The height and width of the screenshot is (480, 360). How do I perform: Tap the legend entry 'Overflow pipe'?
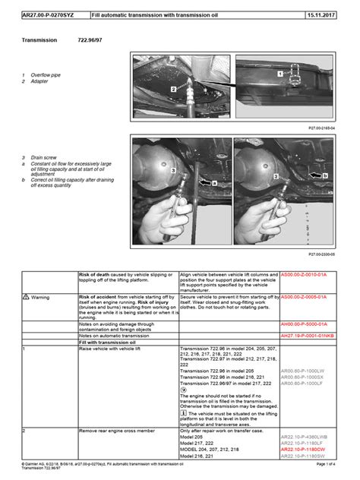(x=45, y=75)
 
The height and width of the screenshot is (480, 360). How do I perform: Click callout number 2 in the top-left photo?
(x=173, y=89)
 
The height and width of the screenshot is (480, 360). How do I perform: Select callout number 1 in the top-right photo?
(x=279, y=74)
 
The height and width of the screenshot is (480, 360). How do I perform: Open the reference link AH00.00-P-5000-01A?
(x=304, y=324)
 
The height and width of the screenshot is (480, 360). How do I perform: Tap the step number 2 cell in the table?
(x=25, y=431)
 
